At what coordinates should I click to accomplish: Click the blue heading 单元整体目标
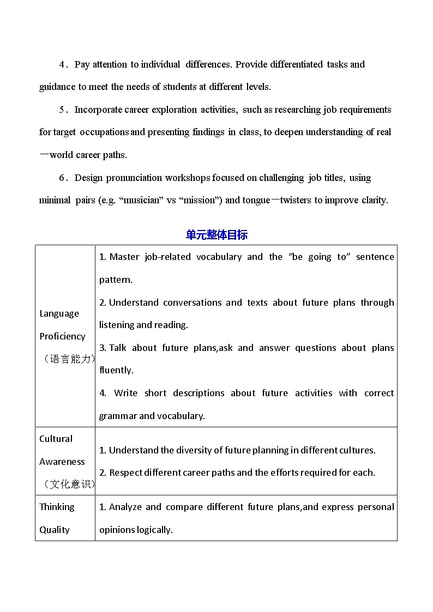[x=216, y=235]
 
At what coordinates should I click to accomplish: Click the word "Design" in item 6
[x=88, y=178]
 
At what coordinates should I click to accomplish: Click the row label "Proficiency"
[x=62, y=336]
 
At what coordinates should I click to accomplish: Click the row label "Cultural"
[x=56, y=439]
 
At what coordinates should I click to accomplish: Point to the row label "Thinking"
[x=57, y=507]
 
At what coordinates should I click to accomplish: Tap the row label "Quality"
[x=55, y=530]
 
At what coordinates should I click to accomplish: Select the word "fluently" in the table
[x=115, y=370]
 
